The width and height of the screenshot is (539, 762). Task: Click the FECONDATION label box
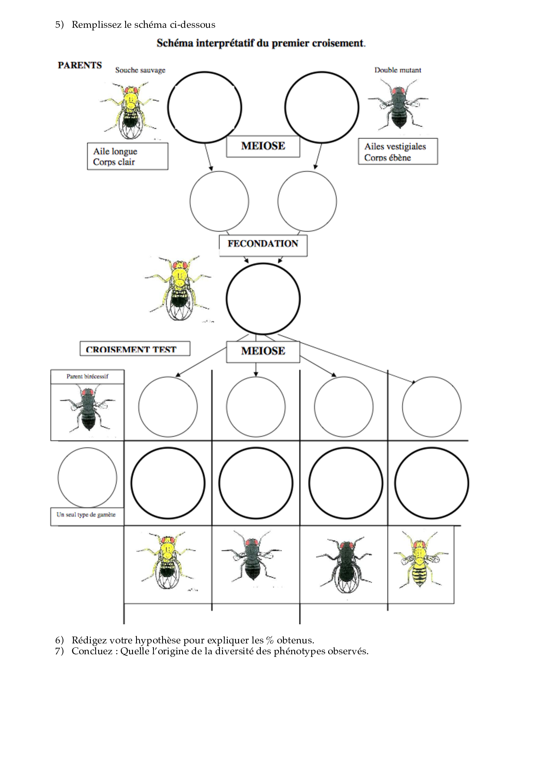point(263,245)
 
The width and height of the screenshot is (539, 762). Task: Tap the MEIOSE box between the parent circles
point(263,146)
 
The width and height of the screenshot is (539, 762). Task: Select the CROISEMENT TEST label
point(135,349)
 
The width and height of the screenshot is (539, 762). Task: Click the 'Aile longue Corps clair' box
point(127,156)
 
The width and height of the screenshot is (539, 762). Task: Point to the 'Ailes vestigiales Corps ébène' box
point(398,152)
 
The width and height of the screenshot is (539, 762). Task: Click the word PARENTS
point(80,65)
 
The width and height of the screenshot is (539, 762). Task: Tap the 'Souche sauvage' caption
point(140,70)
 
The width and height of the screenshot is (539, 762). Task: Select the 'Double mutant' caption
point(398,70)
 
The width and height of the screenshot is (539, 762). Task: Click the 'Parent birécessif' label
point(87,376)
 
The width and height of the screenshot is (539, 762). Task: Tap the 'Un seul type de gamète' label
point(86,514)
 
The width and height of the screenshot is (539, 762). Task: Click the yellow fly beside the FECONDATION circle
point(179,288)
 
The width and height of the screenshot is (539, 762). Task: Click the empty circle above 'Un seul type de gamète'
point(87,477)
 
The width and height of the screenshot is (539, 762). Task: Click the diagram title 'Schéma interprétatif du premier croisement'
point(261,43)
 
